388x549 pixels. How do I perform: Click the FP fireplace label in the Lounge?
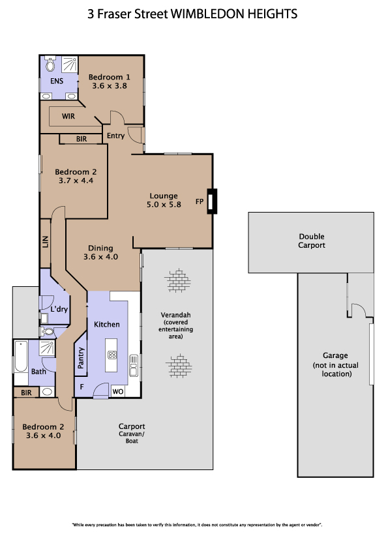(200, 201)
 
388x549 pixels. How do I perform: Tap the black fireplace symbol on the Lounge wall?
(212, 201)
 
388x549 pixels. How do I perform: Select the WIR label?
(68, 116)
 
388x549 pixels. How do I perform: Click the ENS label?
(57, 82)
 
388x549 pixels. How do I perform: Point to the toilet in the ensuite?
(50, 63)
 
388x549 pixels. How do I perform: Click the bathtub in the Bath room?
(21, 357)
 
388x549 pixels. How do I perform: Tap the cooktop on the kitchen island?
(112, 355)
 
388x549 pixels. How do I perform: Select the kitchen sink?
(134, 365)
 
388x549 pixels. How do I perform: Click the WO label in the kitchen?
(118, 391)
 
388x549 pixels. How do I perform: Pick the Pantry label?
(81, 358)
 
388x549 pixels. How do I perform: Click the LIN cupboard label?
(46, 242)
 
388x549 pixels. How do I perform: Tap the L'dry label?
(59, 309)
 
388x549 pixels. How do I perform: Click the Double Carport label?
(311, 241)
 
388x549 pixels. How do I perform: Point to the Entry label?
(115, 136)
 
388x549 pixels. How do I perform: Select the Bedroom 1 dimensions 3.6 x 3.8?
(110, 86)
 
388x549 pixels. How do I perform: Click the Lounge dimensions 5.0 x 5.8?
(164, 205)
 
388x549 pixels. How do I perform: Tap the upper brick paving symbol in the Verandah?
(178, 281)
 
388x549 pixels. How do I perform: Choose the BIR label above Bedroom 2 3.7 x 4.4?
(82, 139)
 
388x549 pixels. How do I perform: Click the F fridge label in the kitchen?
(82, 387)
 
